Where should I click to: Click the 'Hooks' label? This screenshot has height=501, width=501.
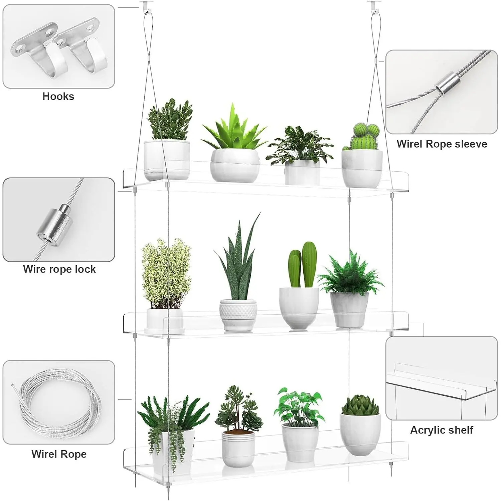click(58, 97)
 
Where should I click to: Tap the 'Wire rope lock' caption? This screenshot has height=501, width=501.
click(59, 269)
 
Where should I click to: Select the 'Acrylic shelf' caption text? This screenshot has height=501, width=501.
click(442, 430)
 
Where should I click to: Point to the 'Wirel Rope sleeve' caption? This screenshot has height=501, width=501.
click(442, 144)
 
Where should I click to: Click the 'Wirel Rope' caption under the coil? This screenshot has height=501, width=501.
click(59, 454)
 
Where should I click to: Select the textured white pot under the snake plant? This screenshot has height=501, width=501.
click(238, 315)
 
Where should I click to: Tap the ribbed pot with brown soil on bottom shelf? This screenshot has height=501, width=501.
click(238, 448)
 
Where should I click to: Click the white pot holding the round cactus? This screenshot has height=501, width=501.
click(362, 168)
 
